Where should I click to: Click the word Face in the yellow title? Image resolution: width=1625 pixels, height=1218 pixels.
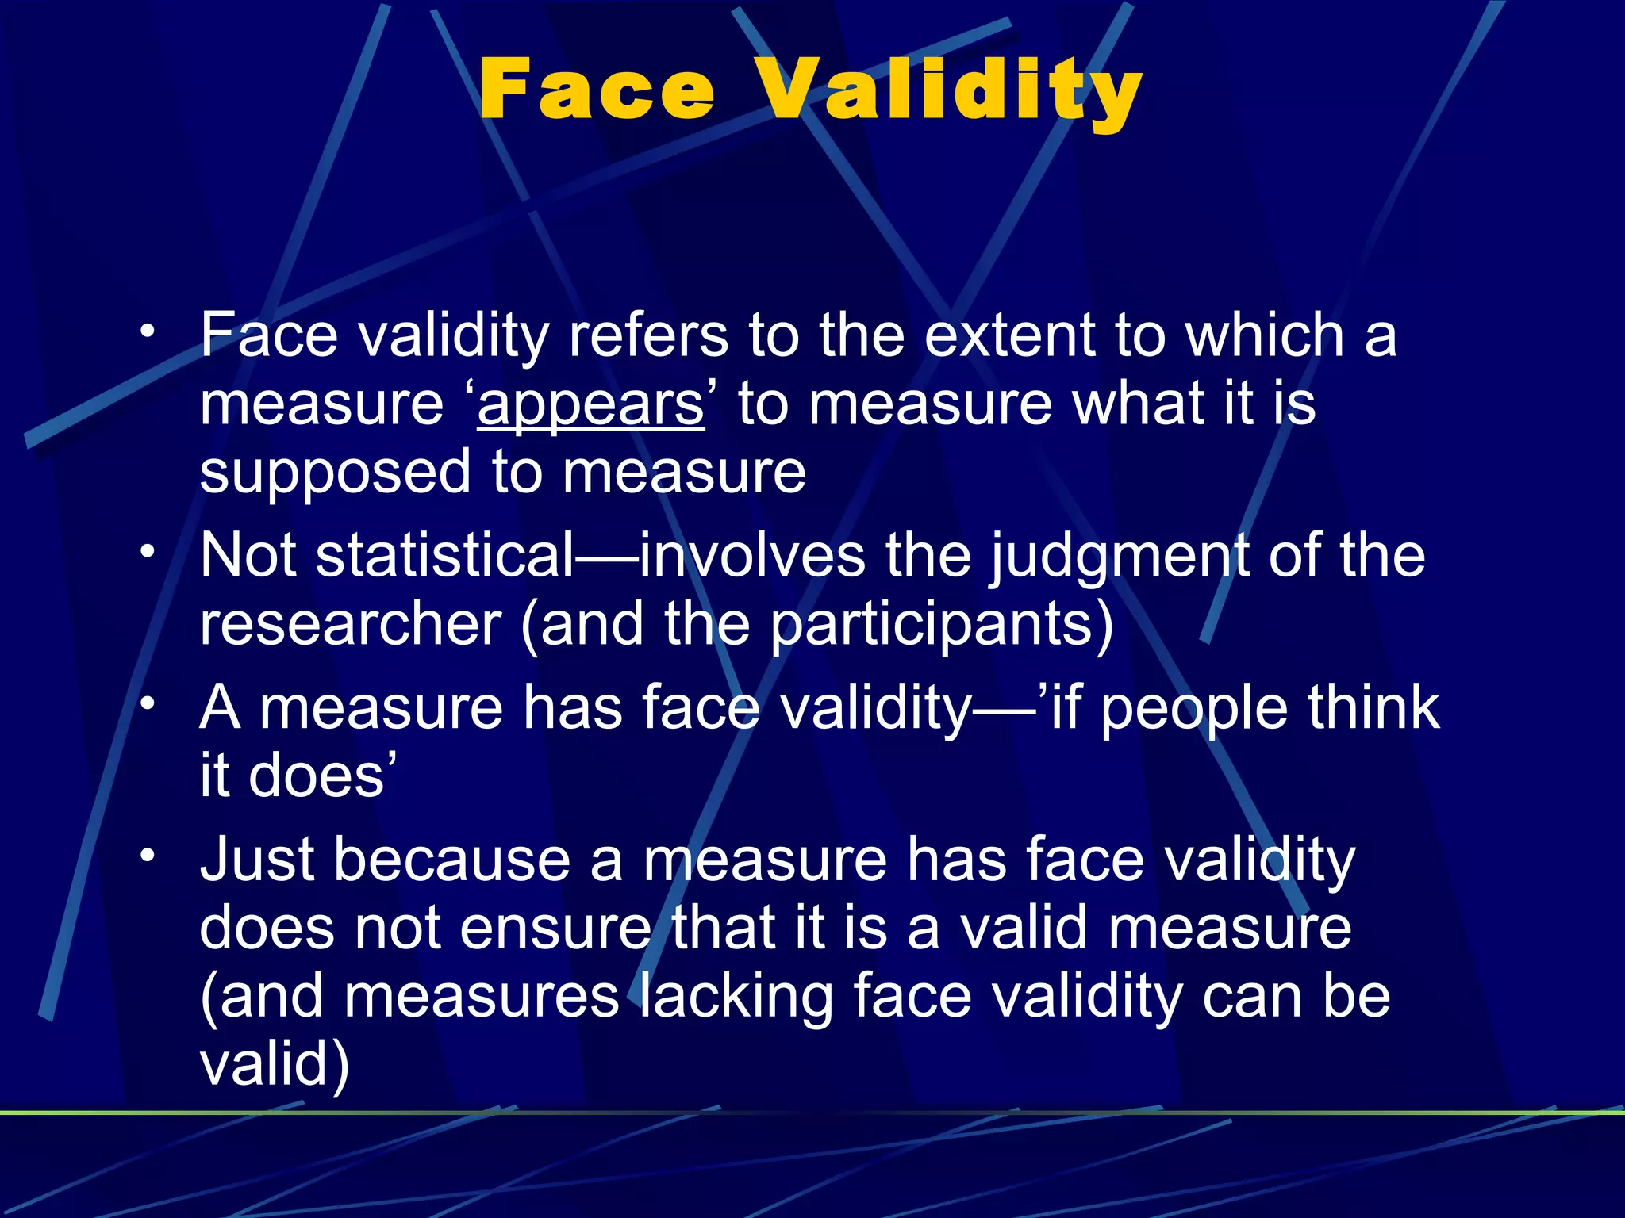(x=597, y=90)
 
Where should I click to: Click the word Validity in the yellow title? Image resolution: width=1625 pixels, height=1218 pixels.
(x=948, y=91)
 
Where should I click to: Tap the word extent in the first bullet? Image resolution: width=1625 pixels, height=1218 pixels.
(x=1010, y=335)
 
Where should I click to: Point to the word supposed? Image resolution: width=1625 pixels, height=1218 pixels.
(x=336, y=474)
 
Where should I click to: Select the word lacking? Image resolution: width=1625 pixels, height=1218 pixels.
(x=736, y=997)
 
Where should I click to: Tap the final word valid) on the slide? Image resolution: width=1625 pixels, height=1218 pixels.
(x=275, y=1065)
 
